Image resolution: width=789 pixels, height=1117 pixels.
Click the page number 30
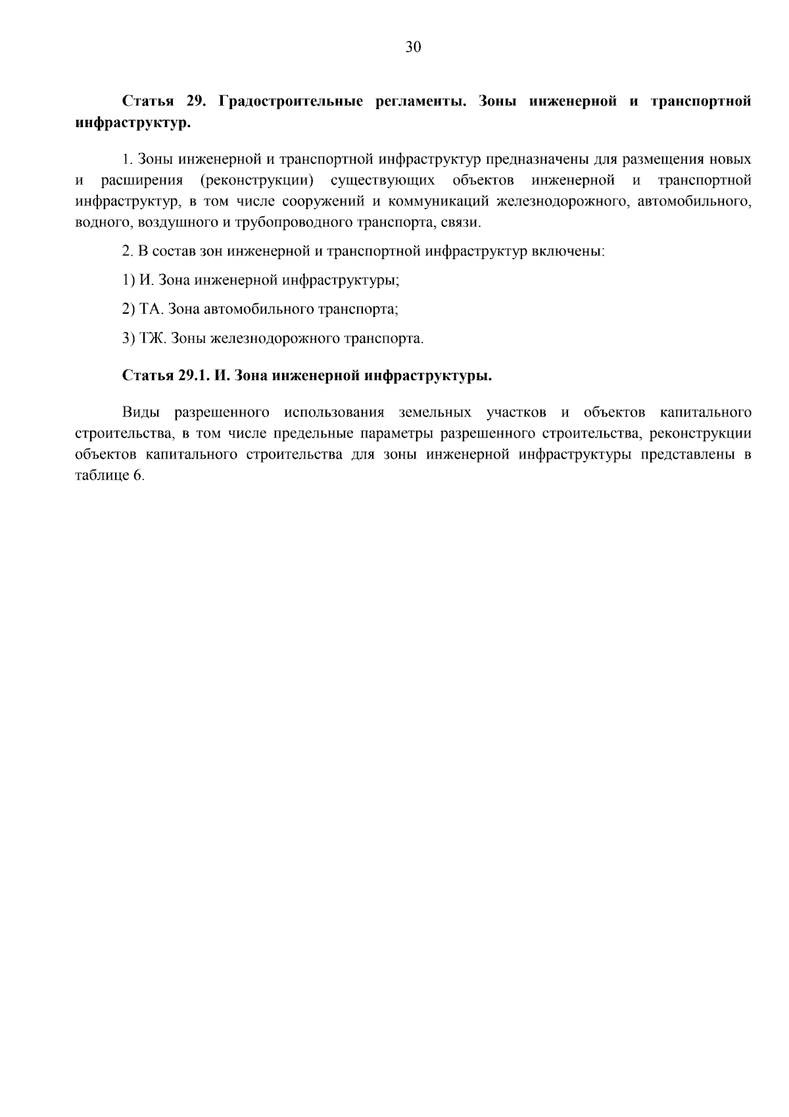(413, 47)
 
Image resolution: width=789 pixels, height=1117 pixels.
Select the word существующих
(383, 180)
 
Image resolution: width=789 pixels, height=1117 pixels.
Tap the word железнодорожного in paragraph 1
(562, 201)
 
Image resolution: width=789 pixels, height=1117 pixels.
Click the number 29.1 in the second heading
(193, 376)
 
